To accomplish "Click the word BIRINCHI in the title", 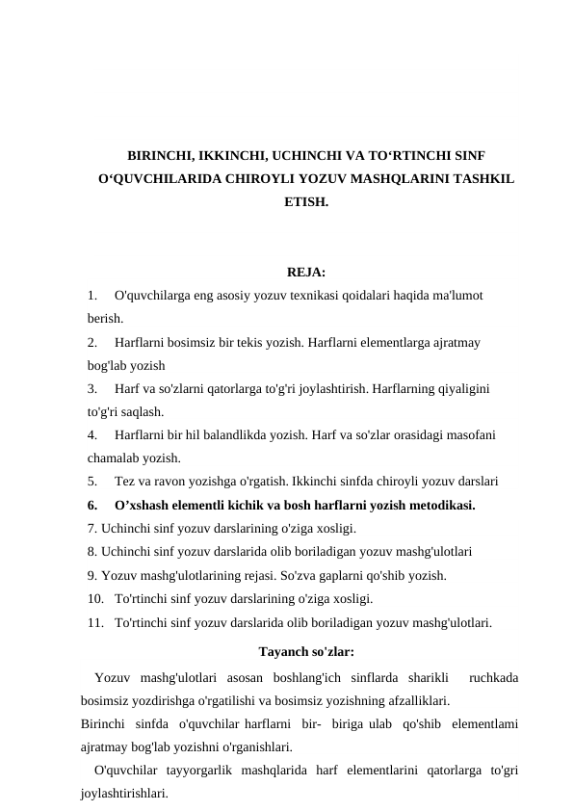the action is point(161,156).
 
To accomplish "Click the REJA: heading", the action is point(305,272).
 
